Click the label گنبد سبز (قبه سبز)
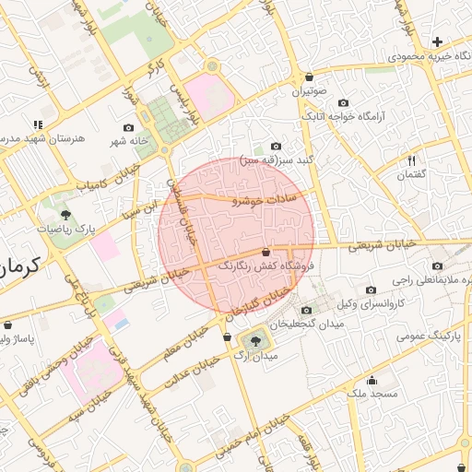[277, 160]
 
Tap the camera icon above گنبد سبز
[276, 146]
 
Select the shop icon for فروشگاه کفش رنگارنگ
[266, 251]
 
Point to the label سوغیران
[310, 91]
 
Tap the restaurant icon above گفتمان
[411, 160]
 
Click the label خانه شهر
[127, 141]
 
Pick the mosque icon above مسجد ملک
[372, 380]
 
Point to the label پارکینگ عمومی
[429, 336]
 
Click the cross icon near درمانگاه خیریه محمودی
[437, 41]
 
